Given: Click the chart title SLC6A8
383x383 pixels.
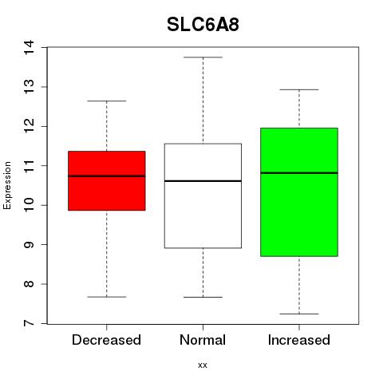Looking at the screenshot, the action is click(203, 25).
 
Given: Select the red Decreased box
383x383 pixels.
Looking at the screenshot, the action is click(107, 181).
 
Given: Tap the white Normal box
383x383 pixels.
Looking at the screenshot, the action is click(203, 195).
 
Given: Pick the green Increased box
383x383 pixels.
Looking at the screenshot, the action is click(299, 192).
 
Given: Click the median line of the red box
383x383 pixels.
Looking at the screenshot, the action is click(107, 176).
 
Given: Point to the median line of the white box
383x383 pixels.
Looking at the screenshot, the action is click(203, 181).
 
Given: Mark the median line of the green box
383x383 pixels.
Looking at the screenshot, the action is click(299, 173).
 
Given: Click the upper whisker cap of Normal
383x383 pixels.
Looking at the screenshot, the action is click(203, 57).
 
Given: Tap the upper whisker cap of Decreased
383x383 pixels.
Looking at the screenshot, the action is click(107, 101).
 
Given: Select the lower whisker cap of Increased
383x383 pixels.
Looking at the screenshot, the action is click(299, 314).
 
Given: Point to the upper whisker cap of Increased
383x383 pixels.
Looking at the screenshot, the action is click(299, 89).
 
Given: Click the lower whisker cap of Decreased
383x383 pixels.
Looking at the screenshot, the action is click(107, 297).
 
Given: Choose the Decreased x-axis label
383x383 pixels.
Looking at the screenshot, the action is click(106, 340).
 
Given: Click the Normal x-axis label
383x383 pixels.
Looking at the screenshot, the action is click(203, 340).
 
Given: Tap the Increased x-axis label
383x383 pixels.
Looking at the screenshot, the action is click(299, 340).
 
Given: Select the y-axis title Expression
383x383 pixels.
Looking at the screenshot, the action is click(7, 185).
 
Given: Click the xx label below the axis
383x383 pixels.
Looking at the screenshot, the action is click(203, 365).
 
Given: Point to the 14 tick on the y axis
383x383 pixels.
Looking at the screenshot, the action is click(29, 47).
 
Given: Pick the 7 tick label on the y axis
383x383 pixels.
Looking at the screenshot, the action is click(29, 323).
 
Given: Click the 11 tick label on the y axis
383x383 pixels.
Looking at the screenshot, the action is click(29, 166).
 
